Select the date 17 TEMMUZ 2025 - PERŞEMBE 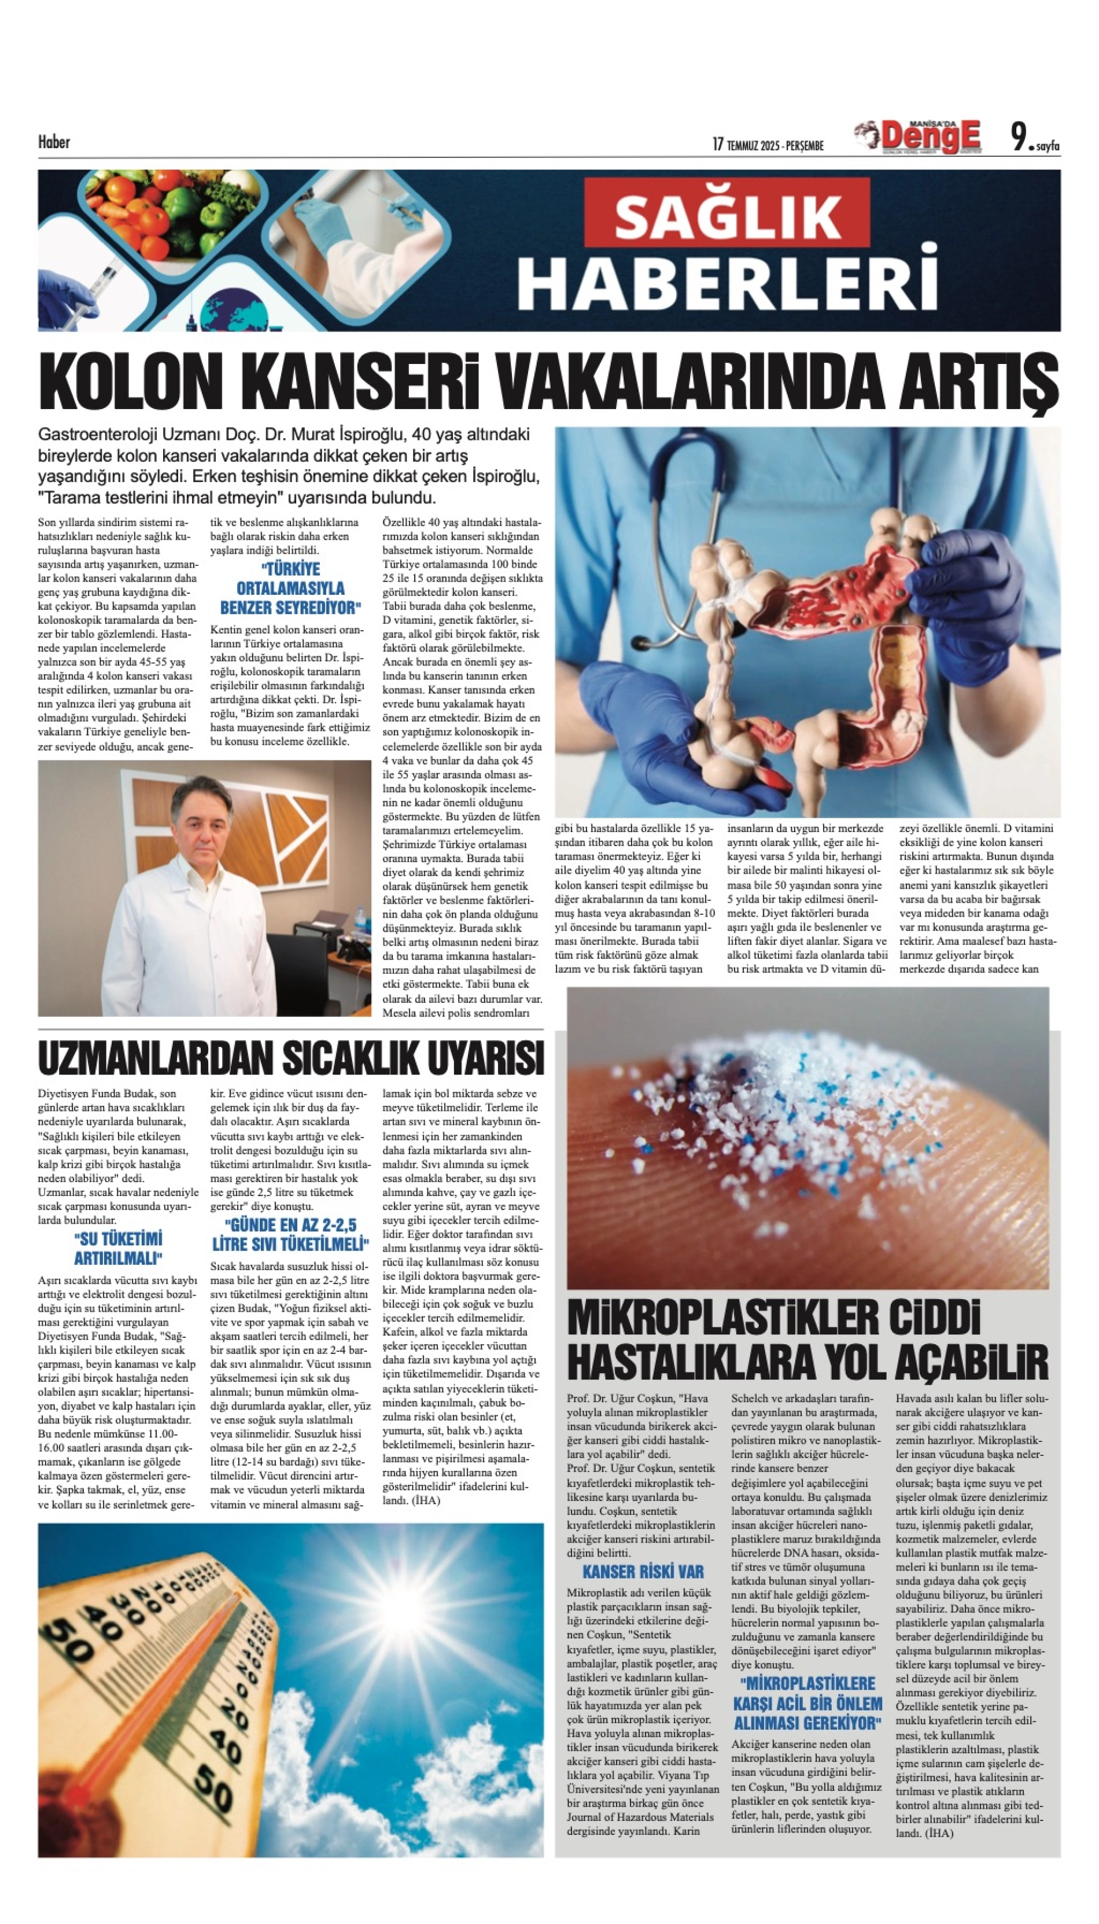(x=768, y=144)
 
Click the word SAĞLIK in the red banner (x=727, y=215)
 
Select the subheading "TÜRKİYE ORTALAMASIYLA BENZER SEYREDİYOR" (x=290, y=588)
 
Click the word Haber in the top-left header (x=54, y=142)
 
